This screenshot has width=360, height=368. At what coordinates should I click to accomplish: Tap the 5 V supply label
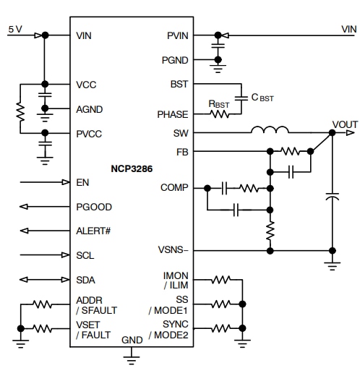(15, 28)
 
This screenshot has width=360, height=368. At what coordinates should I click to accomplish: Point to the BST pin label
(179, 84)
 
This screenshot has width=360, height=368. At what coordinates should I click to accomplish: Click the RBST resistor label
(219, 104)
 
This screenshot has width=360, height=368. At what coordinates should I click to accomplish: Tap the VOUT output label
(343, 124)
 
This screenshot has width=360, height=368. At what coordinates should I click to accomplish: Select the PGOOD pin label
(94, 207)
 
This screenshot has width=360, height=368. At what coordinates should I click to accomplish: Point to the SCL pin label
(85, 255)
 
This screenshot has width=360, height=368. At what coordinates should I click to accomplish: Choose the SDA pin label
(86, 280)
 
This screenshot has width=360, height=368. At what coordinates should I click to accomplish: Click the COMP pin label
(174, 187)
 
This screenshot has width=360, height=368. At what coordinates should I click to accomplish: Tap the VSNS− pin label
(173, 250)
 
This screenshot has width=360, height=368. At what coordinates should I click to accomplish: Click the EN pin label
(82, 182)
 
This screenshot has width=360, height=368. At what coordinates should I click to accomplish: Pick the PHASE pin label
(173, 114)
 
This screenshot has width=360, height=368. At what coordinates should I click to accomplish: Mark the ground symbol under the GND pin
(132, 354)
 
